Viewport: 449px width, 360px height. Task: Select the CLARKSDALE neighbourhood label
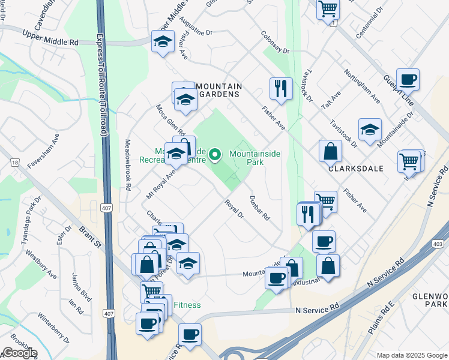coord(356,169)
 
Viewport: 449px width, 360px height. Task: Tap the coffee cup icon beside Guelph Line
coord(408,79)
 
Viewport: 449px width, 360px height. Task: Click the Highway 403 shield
coord(438,244)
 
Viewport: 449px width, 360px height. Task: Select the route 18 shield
coord(15,163)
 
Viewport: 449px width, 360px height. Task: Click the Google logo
coord(20,353)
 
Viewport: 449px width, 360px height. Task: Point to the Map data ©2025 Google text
coord(411,355)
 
